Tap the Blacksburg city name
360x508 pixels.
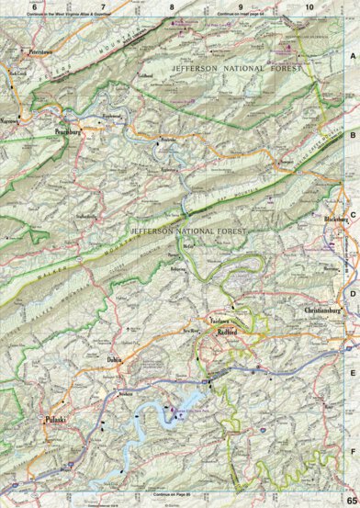pos(338,220)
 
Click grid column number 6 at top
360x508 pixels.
pos(34,7)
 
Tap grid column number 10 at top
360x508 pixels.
pos(309,7)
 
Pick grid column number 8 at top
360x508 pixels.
pos(172,7)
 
